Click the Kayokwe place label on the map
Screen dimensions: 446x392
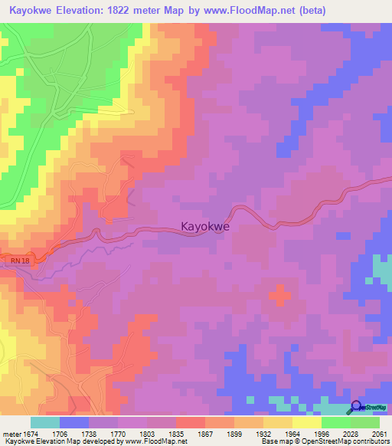tap(205, 227)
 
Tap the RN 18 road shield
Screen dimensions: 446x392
tap(16, 262)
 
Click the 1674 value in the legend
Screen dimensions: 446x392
tap(31, 433)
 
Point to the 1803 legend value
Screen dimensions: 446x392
tap(147, 433)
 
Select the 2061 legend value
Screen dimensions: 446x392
tap(380, 433)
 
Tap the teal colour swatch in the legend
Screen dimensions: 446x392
tap(45, 422)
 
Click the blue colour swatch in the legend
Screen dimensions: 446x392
tap(74, 422)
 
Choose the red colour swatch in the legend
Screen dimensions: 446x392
tap(191, 422)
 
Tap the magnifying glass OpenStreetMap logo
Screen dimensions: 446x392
tap(356, 408)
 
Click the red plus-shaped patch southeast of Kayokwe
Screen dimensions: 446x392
tap(279, 294)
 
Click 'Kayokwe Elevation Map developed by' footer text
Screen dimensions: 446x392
tap(51, 441)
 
